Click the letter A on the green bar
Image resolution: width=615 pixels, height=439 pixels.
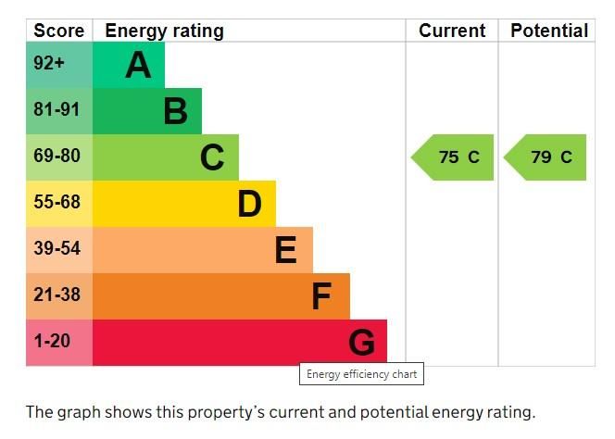coord(138,65)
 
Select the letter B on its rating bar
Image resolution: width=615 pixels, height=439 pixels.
coord(175,111)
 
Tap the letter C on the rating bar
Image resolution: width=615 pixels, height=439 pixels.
coord(212,157)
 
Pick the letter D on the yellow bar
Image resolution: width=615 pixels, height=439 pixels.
coord(249,204)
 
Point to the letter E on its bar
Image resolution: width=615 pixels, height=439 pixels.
coord(286,250)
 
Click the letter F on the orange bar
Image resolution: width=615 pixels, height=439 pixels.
coord(321,296)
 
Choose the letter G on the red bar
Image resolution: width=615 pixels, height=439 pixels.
coord(361,343)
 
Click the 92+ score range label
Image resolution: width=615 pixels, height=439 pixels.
coord(49,65)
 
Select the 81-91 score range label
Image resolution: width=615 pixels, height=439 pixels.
coord(56,110)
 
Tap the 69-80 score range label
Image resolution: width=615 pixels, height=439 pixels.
coord(56,157)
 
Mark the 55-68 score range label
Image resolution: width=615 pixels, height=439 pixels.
coord(56,202)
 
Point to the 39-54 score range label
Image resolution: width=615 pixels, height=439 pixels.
coord(56,248)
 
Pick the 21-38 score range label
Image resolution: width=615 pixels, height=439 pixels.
coord(56,295)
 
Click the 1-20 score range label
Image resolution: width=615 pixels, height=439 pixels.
coord(52,341)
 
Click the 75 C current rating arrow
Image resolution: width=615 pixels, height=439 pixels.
coord(453,157)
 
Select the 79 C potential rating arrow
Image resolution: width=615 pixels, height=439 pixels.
coord(546,157)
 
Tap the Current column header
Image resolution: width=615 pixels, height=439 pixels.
coord(452,31)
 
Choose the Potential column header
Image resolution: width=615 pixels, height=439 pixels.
coord(549,31)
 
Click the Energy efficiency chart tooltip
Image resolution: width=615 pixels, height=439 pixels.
coord(361,374)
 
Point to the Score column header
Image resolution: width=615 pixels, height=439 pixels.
coord(59,31)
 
